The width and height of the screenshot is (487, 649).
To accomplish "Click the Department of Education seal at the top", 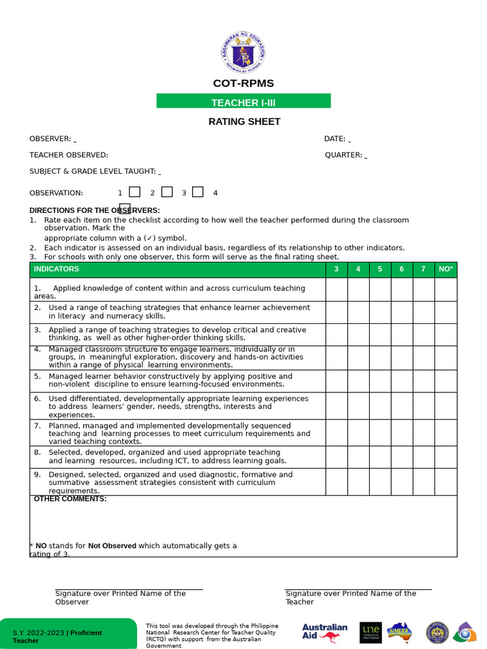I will [243, 53].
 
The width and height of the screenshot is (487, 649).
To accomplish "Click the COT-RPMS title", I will [243, 84].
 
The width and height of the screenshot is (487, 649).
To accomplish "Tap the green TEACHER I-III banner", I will [243, 101].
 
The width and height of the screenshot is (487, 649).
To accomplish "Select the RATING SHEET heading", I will [244, 122].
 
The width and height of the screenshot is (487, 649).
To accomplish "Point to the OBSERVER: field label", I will [50, 139].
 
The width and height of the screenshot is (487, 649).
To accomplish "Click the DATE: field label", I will [335, 139].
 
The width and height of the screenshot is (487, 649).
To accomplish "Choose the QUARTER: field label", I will [344, 155].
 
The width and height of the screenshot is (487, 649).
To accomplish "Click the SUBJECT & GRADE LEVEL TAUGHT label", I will [93, 171].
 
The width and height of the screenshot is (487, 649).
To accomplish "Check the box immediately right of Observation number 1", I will [134, 192].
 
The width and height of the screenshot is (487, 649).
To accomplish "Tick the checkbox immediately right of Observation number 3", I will [198, 192].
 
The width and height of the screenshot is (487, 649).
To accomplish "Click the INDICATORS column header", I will [56, 269].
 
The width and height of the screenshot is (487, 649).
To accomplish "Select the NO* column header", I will [446, 269].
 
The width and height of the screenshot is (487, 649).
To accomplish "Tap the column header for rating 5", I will [380, 269].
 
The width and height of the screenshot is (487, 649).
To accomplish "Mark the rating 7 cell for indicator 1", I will [424, 290].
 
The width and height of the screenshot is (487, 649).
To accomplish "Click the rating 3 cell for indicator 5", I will [337, 381].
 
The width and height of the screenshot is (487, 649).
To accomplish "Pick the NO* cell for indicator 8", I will [446, 457].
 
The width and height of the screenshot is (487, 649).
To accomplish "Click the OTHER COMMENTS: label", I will [70, 499].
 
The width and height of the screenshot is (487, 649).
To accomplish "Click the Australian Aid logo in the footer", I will [325, 633].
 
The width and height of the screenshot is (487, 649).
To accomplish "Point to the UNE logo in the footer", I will [370, 632].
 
